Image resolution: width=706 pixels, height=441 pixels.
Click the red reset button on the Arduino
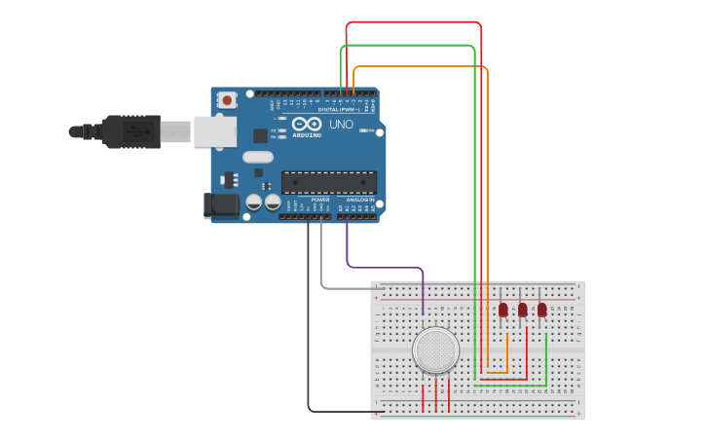[x=227, y=99]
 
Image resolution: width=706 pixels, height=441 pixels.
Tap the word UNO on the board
[x=341, y=125]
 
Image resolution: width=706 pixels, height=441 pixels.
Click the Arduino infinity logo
[x=306, y=125]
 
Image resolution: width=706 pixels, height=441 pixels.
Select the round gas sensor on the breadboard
[x=435, y=350]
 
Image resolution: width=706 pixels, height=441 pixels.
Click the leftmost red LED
[x=503, y=310]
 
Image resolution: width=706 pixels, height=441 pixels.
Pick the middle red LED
[x=523, y=310]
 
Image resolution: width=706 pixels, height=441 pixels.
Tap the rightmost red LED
[x=542, y=310]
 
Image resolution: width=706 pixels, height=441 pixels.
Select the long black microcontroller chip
[x=329, y=182]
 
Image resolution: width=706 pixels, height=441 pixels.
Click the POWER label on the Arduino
[x=320, y=200]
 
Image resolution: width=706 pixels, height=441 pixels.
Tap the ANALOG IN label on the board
[x=359, y=200]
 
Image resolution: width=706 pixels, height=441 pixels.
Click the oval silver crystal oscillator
[x=258, y=157]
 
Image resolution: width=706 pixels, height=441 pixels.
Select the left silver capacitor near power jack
[x=254, y=202]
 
